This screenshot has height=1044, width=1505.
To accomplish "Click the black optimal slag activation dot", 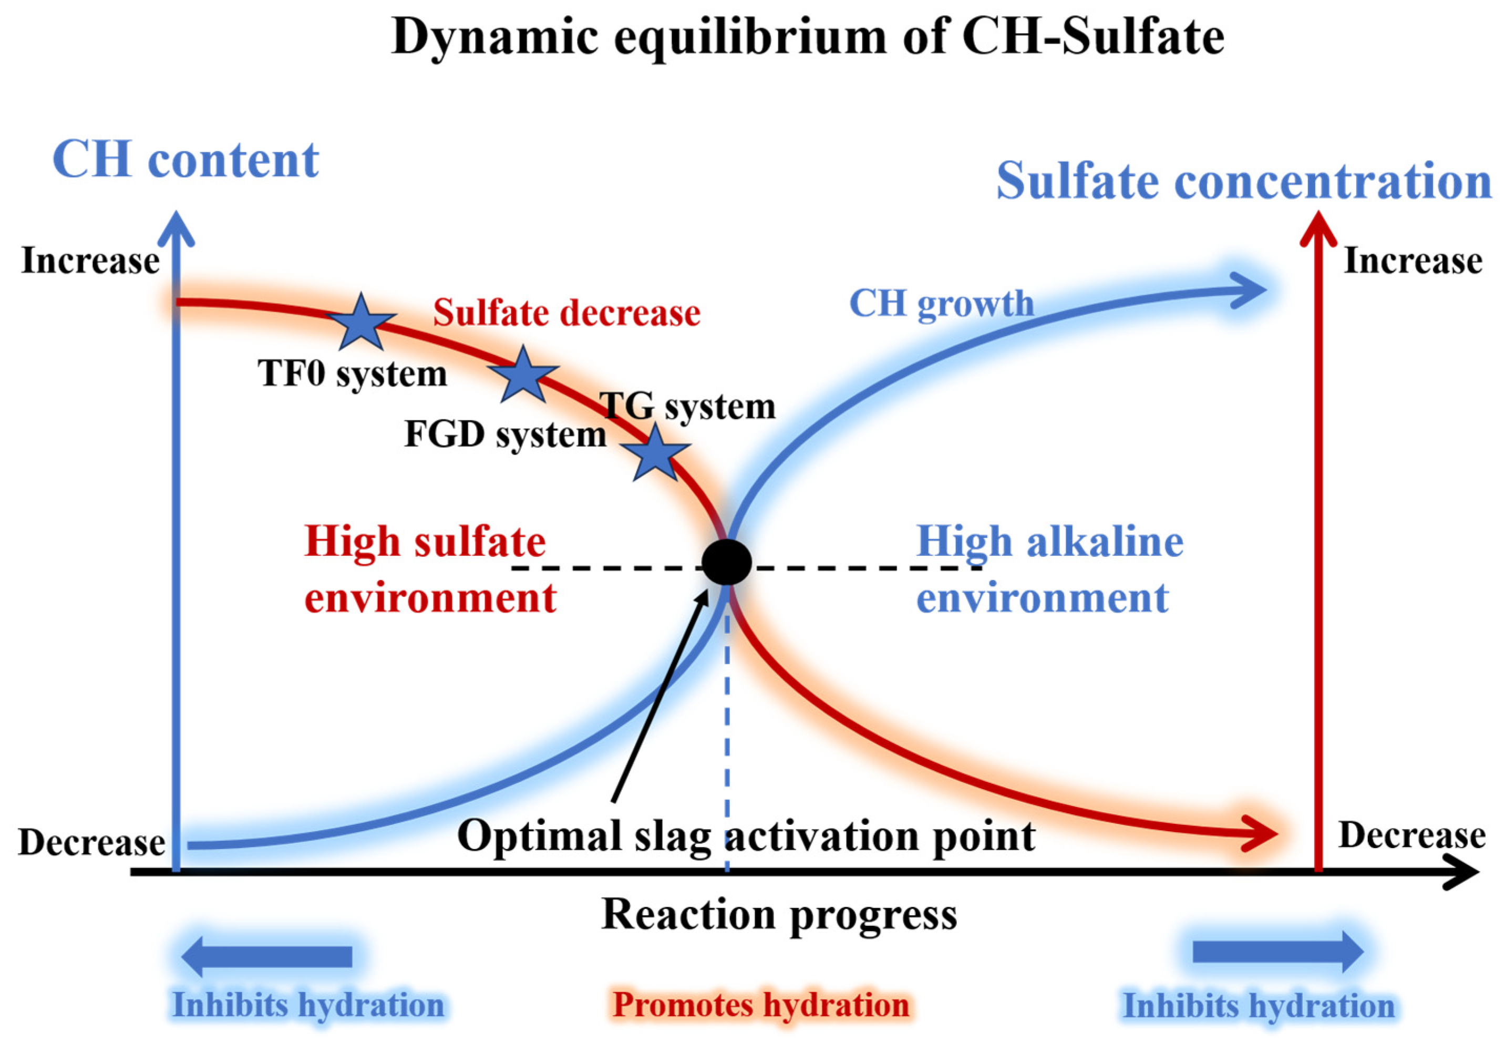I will (x=726, y=562).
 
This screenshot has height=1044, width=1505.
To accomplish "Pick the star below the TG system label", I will (x=655, y=453).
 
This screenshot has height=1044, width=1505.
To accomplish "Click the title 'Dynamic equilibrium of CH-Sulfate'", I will (x=807, y=37).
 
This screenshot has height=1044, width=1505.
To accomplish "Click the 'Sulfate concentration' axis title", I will (x=1243, y=181).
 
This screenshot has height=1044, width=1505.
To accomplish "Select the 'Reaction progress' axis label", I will (x=778, y=914).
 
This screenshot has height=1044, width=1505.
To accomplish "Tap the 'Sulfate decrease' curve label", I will (x=566, y=312).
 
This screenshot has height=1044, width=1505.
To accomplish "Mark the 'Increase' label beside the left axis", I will (x=90, y=261).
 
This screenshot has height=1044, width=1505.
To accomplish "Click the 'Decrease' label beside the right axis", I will (x=1411, y=835).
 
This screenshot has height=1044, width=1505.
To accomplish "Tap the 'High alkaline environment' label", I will (x=1048, y=570).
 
